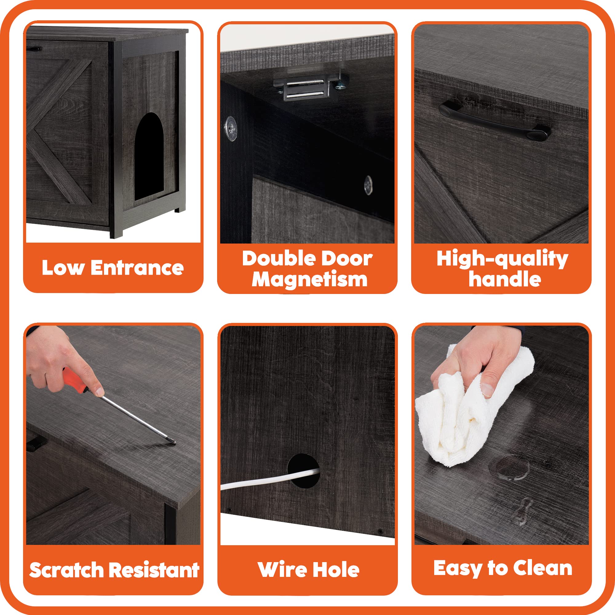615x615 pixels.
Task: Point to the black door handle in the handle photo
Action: [494, 121]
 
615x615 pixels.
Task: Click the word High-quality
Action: [502, 259]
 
